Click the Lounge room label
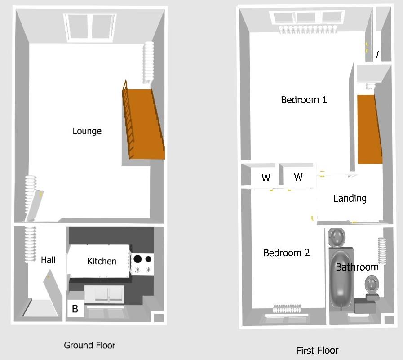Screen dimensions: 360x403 pyautogui.click(x=87, y=131)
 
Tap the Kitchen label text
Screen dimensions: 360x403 pyautogui.click(x=102, y=261)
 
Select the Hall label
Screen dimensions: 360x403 pyautogui.click(x=48, y=260)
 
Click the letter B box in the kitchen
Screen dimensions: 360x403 pyautogui.click(x=75, y=309)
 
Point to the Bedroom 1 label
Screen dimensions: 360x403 pyautogui.click(x=304, y=100)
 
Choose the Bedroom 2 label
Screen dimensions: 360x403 pyautogui.click(x=286, y=253)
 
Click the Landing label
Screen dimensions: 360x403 pyautogui.click(x=350, y=198)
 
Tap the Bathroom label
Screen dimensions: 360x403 pyautogui.click(x=357, y=267)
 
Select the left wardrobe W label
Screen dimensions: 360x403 pyautogui.click(x=266, y=178)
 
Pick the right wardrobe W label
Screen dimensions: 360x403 pyautogui.click(x=298, y=177)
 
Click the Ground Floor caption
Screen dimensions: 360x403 pyautogui.click(x=89, y=345)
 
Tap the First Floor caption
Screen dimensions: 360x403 pyautogui.click(x=317, y=350)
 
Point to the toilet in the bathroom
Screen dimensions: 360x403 pyautogui.click(x=372, y=285)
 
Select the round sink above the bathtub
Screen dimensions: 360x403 pyautogui.click(x=337, y=236)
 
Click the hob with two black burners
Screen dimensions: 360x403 pyautogui.click(x=142, y=264)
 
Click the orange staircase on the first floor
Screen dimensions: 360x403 pyautogui.click(x=369, y=129)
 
